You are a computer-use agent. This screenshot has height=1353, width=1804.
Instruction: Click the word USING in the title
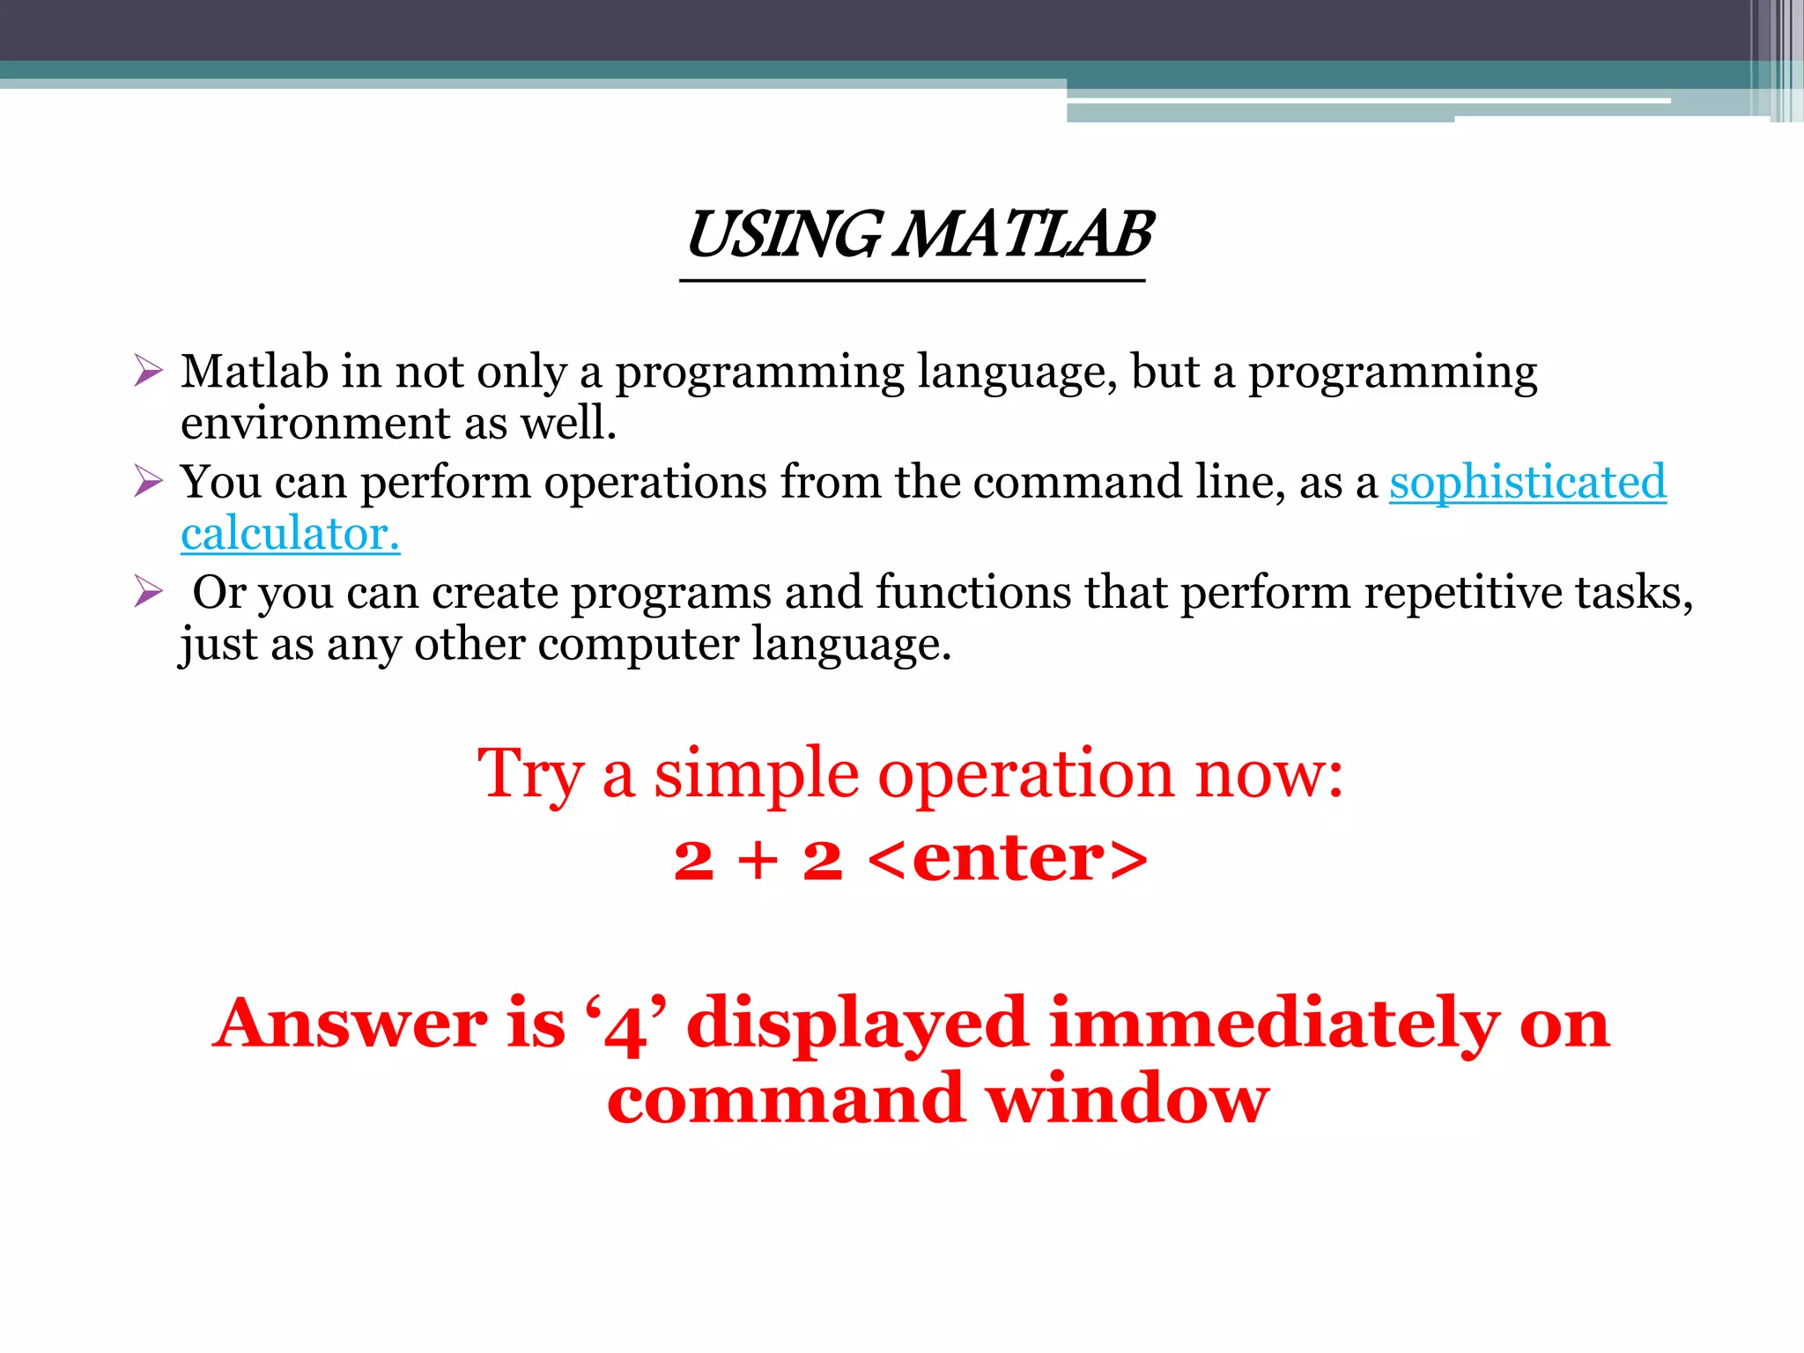(782, 236)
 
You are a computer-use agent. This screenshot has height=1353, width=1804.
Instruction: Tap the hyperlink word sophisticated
(1527, 483)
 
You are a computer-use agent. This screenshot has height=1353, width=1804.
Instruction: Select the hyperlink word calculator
(290, 535)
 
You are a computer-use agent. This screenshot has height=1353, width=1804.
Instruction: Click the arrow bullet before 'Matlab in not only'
(148, 371)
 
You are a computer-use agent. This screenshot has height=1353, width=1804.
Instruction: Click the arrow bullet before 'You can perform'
(148, 481)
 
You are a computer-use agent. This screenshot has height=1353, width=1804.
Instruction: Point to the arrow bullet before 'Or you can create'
(148, 591)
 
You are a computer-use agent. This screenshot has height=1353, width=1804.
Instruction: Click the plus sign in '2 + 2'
(758, 861)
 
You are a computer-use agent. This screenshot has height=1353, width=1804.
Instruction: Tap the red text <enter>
(1008, 859)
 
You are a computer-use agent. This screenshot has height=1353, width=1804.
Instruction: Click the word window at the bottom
(1127, 1101)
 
